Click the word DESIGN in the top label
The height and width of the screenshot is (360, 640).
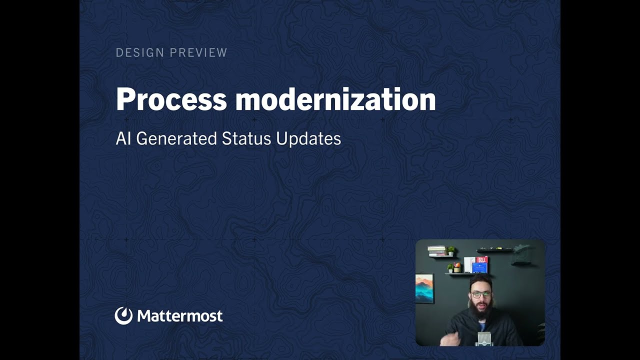click(140, 52)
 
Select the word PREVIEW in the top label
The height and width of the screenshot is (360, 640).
click(198, 52)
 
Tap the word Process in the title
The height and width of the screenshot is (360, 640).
click(171, 99)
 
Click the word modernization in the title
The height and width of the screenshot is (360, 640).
click(335, 99)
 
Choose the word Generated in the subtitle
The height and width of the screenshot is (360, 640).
click(176, 138)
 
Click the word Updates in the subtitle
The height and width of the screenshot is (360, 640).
click(308, 139)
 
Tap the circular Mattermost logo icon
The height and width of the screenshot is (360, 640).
click(123, 315)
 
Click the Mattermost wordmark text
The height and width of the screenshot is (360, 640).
click(180, 316)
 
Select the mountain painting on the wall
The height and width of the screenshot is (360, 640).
click(424, 288)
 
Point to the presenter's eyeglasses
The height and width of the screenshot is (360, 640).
click(481, 294)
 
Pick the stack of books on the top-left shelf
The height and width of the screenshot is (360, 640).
click(437, 251)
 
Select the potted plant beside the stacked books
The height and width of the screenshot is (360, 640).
click(451, 251)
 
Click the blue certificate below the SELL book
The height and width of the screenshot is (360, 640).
click(480, 268)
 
